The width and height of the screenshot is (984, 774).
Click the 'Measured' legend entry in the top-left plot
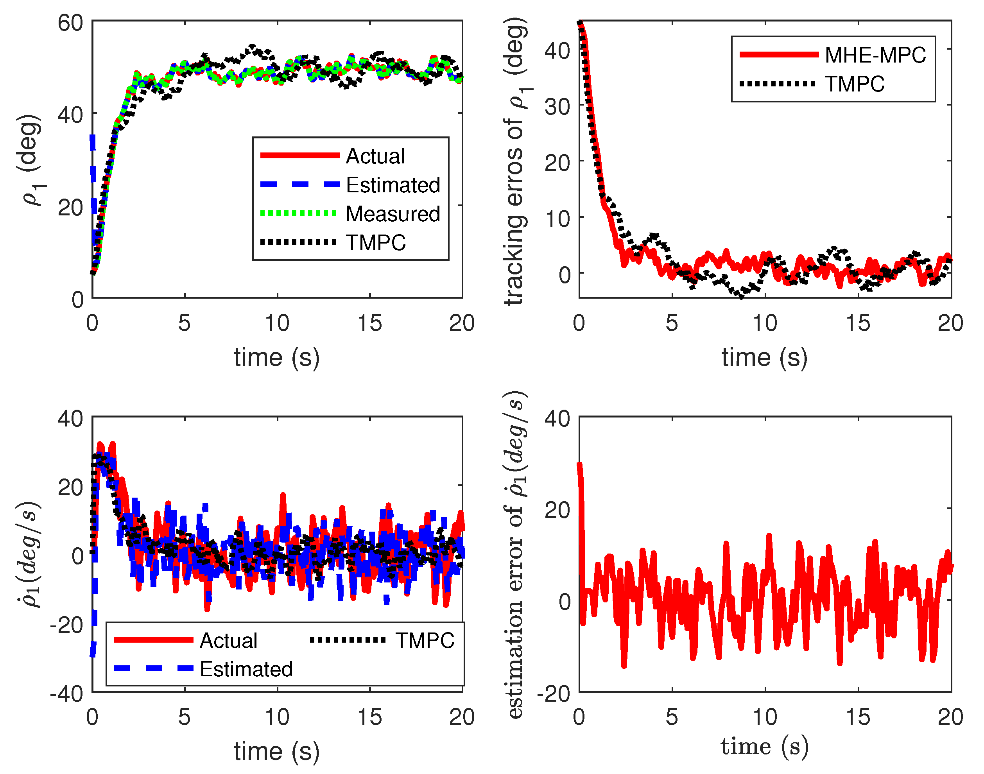tap(393, 214)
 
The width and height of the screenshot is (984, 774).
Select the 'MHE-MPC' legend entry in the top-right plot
tap(875, 55)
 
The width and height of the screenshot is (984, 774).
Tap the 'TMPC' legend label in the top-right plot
tap(854, 84)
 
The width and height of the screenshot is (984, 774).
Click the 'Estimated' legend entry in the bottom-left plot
tap(246, 669)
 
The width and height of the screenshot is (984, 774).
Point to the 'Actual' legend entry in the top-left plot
tap(375, 156)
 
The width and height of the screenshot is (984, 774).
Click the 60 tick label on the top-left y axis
tap(70, 23)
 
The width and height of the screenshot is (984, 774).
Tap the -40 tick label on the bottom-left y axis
tap(66, 694)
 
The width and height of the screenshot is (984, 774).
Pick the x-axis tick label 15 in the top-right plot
tap(858, 324)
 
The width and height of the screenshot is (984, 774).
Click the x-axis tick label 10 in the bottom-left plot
tap(276, 718)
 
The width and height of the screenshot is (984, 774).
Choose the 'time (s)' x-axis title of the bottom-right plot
tap(765, 747)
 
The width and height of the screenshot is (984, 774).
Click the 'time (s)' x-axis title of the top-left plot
tap(276, 358)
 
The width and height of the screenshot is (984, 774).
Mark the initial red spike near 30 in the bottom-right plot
tap(580, 467)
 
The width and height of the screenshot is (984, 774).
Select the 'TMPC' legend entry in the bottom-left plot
tap(424, 640)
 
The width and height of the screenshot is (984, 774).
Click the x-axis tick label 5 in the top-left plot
tap(184, 324)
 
